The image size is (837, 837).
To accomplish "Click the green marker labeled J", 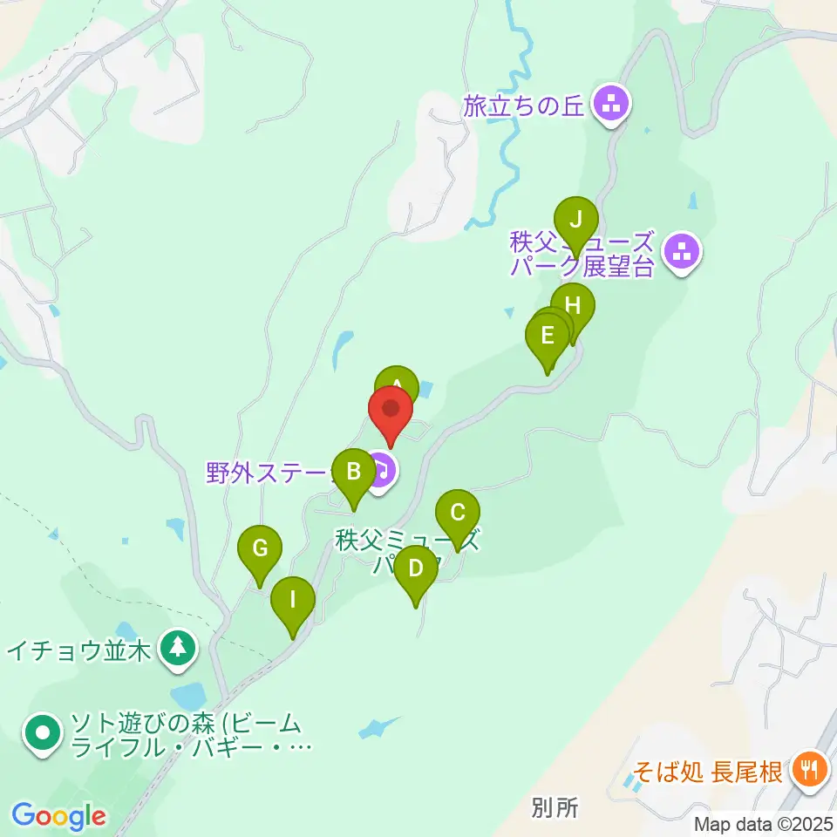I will [x=575, y=221].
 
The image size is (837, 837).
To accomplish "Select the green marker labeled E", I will [x=548, y=336].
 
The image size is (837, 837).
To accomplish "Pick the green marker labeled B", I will [x=354, y=473].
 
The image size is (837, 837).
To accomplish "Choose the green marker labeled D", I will [x=415, y=569].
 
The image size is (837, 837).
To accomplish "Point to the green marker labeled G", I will [x=260, y=549].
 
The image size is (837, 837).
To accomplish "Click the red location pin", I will [x=391, y=411].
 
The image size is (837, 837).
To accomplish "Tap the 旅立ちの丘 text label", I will [x=525, y=107].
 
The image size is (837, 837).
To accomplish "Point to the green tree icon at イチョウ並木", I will [x=179, y=648].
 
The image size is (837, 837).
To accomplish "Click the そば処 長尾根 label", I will [x=707, y=772].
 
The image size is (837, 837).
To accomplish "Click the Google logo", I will [x=58, y=816].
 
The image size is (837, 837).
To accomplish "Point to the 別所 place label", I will [x=554, y=808].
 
